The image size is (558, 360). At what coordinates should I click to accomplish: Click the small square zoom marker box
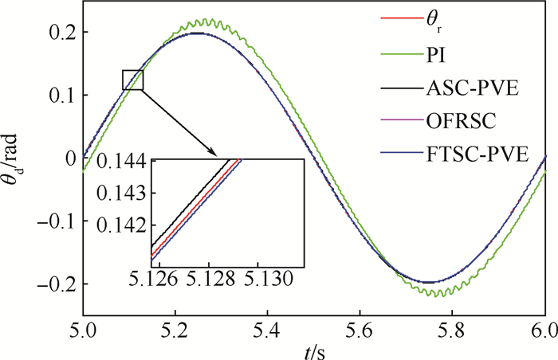tap(132, 80)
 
